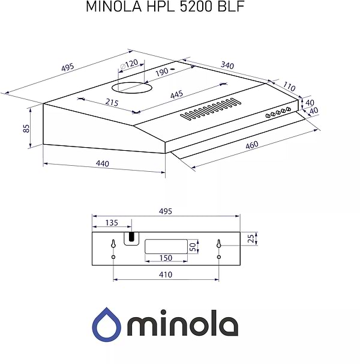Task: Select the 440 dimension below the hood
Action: click(x=103, y=164)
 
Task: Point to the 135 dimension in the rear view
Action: click(x=112, y=223)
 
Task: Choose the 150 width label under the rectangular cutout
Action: click(x=166, y=258)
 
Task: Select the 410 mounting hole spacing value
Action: click(x=166, y=275)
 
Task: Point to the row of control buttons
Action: click(x=278, y=112)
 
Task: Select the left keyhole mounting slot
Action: click(x=113, y=244)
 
